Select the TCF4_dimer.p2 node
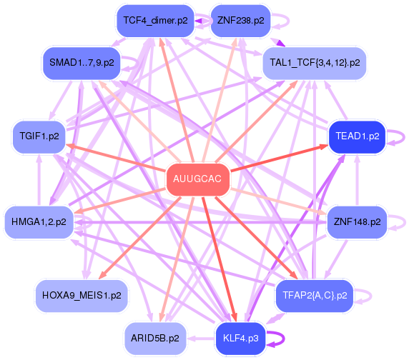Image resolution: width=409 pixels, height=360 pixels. tap(155, 21)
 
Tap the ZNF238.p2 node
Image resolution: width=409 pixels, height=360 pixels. tap(239, 21)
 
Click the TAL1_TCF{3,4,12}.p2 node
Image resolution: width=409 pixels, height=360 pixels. tap(315, 63)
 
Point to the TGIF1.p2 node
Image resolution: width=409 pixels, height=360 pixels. tap(39, 136)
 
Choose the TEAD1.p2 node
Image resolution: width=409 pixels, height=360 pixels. tap(357, 136)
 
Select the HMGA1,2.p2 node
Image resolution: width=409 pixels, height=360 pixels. tap(39, 222)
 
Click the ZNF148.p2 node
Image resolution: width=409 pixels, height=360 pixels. tap(357, 222)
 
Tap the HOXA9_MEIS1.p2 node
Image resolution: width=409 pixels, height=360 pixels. tap(82, 294)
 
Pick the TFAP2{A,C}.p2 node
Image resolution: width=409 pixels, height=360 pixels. tap(315, 294)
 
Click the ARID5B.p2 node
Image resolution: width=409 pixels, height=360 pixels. tap(155, 336)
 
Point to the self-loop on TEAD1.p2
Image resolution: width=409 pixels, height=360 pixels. tap(399, 136)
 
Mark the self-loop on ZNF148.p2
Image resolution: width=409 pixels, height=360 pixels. tap(399, 222)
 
